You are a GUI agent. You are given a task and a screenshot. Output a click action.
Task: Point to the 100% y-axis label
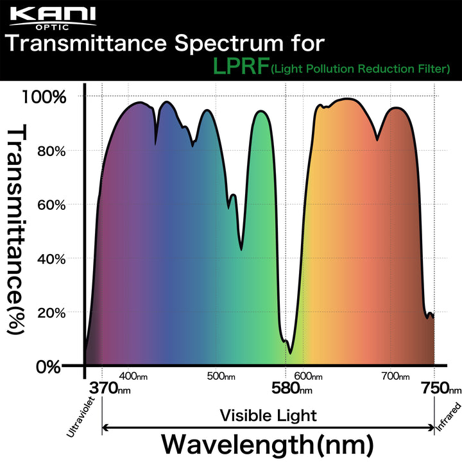click(x=44, y=98)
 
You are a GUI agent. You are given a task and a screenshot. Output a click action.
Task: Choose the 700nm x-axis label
click(x=392, y=376)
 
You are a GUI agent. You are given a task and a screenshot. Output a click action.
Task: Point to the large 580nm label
click(x=290, y=389)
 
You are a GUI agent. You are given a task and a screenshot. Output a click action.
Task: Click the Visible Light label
click(x=268, y=415)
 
